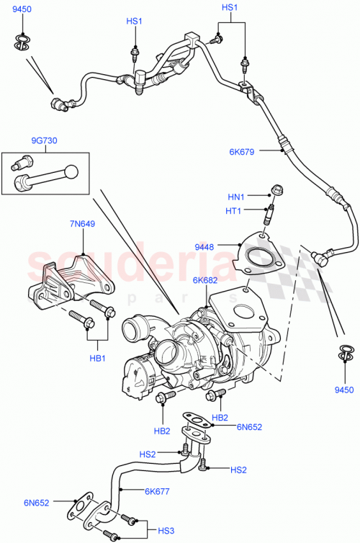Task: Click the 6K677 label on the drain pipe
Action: [x=156, y=491]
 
